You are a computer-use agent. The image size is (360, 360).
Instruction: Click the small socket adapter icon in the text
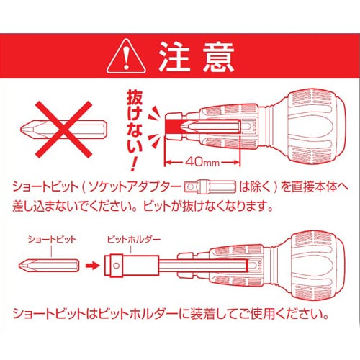pos(209,185)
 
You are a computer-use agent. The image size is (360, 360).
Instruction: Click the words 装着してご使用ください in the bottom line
pos(252,315)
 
